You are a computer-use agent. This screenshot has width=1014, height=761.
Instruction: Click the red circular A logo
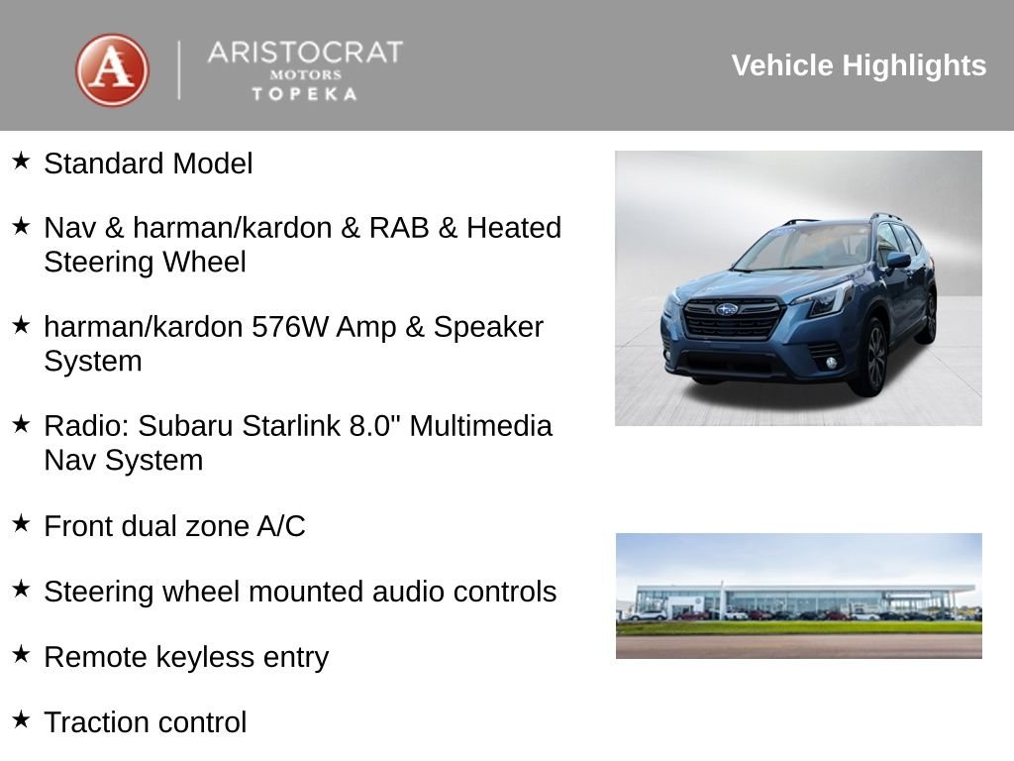(x=112, y=70)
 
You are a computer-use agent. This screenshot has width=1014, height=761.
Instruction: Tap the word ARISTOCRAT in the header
(x=305, y=53)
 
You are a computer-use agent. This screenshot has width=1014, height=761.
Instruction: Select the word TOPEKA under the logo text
(x=305, y=94)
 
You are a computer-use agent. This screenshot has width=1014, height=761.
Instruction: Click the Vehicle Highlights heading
(x=859, y=65)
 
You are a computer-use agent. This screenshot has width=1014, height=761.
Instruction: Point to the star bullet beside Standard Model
(x=22, y=161)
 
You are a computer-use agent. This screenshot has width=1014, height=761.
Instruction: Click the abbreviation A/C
(x=281, y=526)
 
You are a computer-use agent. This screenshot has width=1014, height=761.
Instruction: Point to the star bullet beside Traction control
(x=22, y=719)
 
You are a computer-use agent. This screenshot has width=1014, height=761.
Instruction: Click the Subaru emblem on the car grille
(x=727, y=309)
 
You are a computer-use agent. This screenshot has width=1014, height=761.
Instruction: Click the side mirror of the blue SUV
(x=898, y=261)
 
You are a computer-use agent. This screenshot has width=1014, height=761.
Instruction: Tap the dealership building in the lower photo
(x=792, y=600)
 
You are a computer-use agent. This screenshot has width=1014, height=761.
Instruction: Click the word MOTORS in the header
(x=305, y=75)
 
